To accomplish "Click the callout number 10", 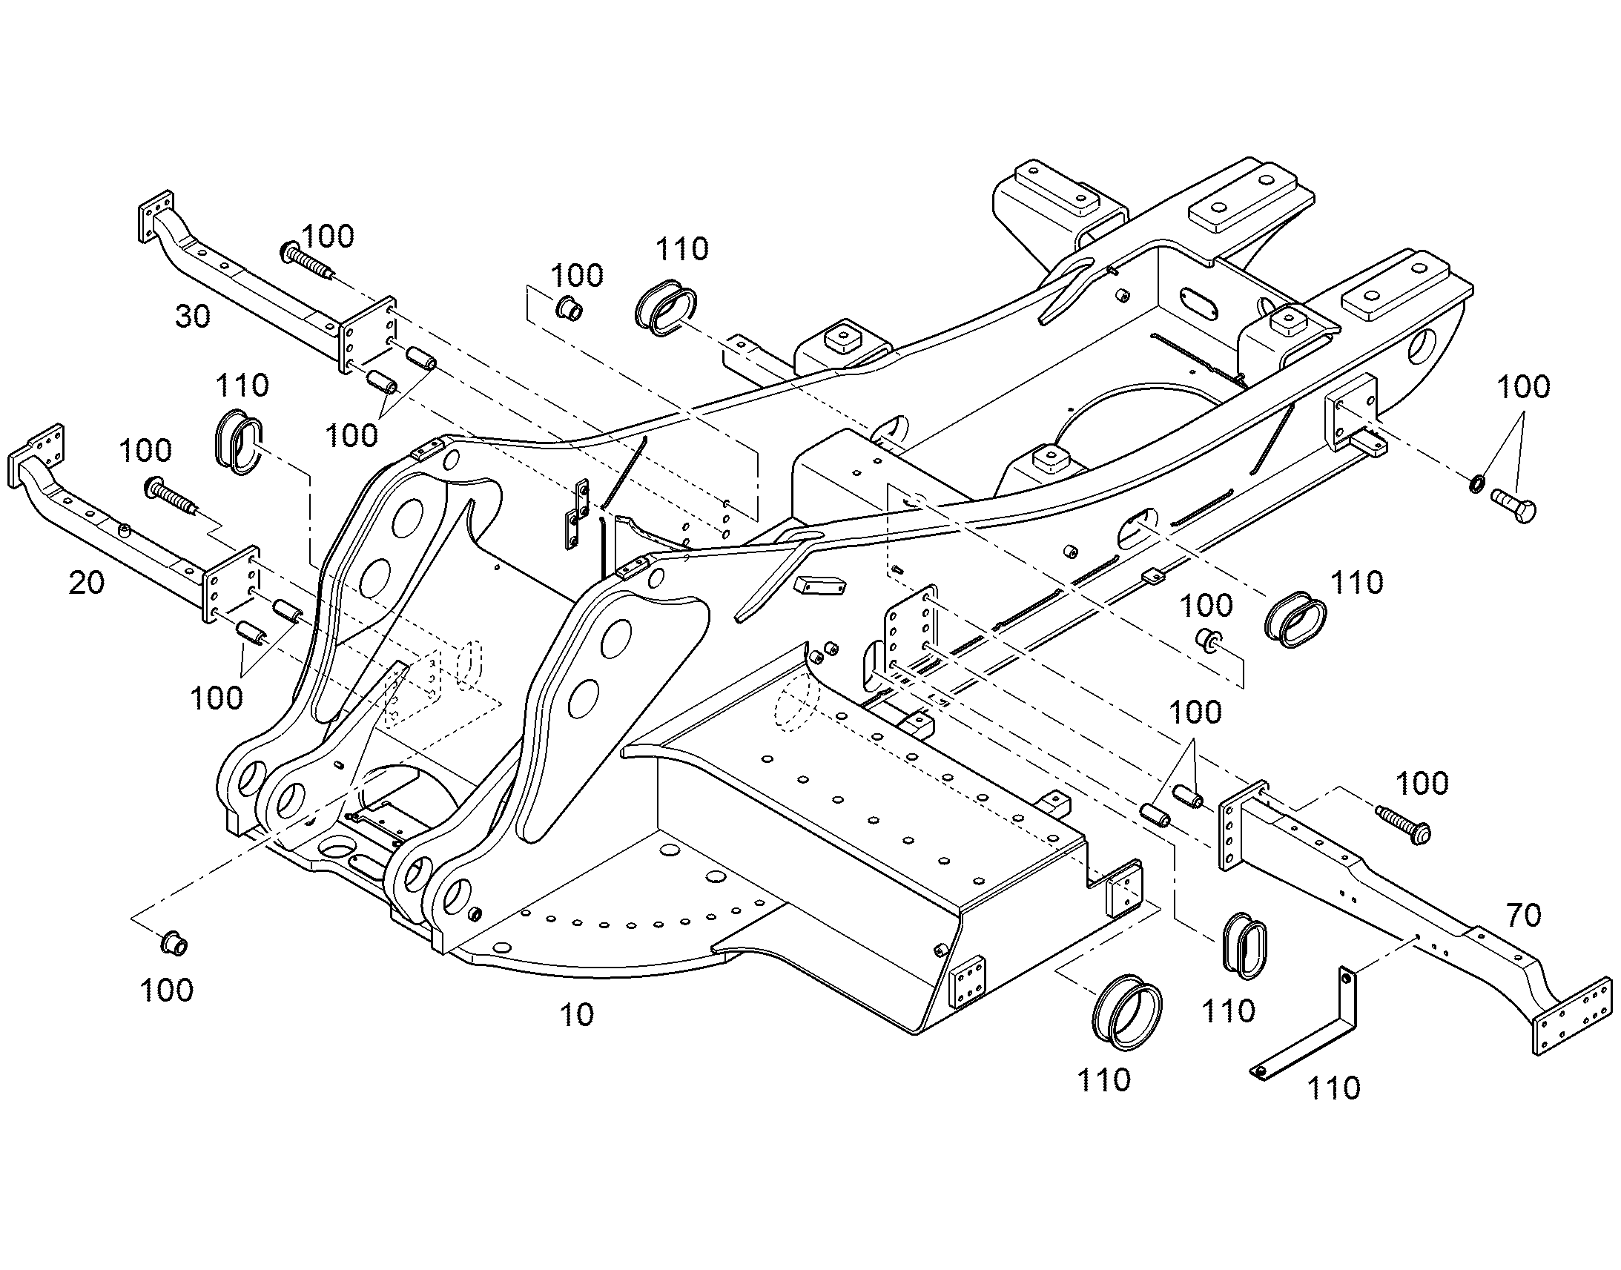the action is click(576, 1015).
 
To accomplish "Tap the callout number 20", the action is click(86, 583).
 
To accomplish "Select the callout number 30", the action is click(193, 317).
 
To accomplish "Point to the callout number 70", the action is click(1523, 916).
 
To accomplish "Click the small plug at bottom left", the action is click(174, 945).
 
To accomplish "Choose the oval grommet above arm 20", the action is click(238, 439).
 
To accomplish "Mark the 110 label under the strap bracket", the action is click(1333, 1088).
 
